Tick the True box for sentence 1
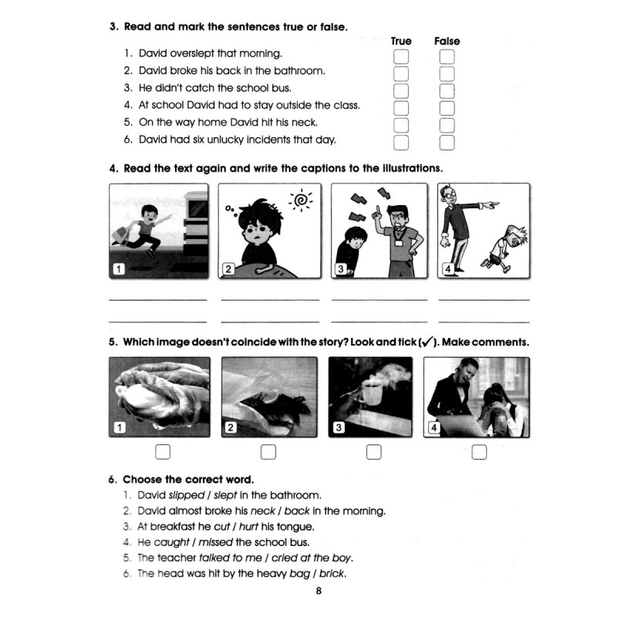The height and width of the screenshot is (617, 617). (x=401, y=56)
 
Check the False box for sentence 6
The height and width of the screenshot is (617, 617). (x=447, y=143)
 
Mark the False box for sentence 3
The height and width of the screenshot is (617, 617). (x=447, y=91)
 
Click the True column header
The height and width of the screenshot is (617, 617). (x=401, y=41)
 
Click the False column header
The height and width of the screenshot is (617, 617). (x=447, y=41)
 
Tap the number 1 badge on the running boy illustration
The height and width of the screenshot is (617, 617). (x=119, y=268)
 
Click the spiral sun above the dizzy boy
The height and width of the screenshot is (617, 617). (x=301, y=201)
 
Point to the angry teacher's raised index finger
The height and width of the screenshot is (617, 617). (x=378, y=210)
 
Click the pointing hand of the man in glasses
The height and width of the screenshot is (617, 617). (x=491, y=204)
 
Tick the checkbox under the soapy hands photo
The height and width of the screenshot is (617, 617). (x=163, y=452)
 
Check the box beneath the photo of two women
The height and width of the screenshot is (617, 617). (x=479, y=452)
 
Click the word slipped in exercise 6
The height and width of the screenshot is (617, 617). (x=187, y=495)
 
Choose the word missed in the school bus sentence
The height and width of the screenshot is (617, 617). (x=215, y=542)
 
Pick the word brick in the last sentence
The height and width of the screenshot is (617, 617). (x=332, y=573)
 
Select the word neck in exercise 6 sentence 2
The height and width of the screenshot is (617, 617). (x=262, y=511)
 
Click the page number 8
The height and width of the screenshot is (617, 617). (x=319, y=591)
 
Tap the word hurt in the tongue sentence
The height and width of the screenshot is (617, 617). (x=248, y=527)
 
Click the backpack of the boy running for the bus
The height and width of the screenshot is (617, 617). (x=123, y=235)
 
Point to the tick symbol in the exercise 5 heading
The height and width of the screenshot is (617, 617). (x=427, y=342)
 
